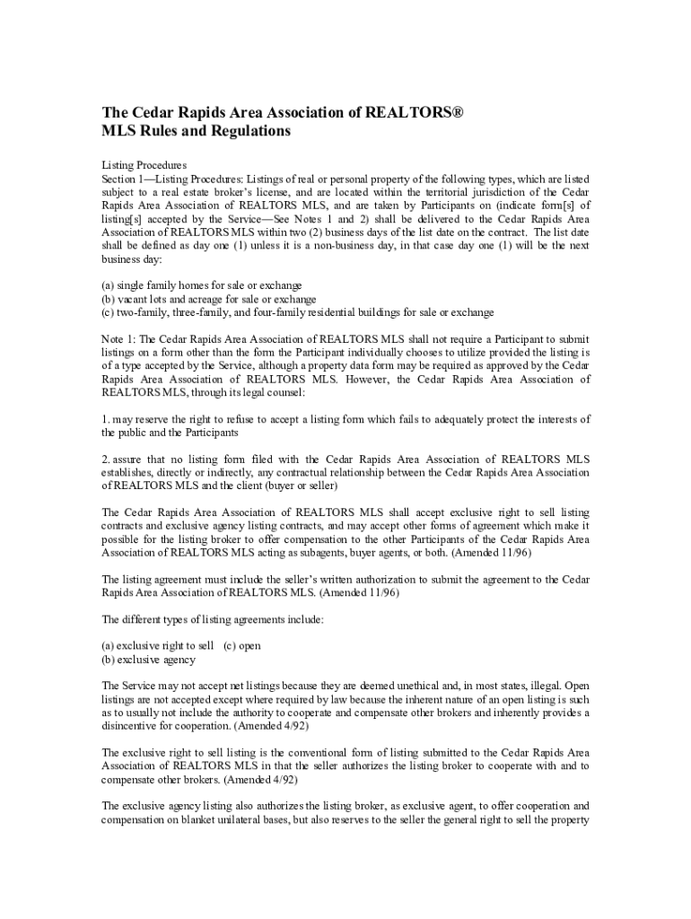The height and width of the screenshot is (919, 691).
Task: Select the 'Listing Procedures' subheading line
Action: click(x=144, y=166)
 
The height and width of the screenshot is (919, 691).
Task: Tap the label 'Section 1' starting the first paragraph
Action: click(x=125, y=179)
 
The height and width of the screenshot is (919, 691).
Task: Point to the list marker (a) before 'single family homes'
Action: click(x=109, y=285)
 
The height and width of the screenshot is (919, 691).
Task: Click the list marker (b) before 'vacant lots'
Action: click(x=109, y=299)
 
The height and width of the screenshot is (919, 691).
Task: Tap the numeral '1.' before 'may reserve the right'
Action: click(x=105, y=419)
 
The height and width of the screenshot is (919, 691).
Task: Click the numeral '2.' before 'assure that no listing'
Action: click(x=105, y=459)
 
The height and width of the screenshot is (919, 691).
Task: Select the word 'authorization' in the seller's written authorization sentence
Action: click(x=342, y=580)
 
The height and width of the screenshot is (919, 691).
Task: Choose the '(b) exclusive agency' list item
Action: click(x=149, y=660)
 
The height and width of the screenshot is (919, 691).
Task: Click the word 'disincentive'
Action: click(x=130, y=726)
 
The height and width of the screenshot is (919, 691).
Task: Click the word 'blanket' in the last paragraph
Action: click(x=196, y=820)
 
